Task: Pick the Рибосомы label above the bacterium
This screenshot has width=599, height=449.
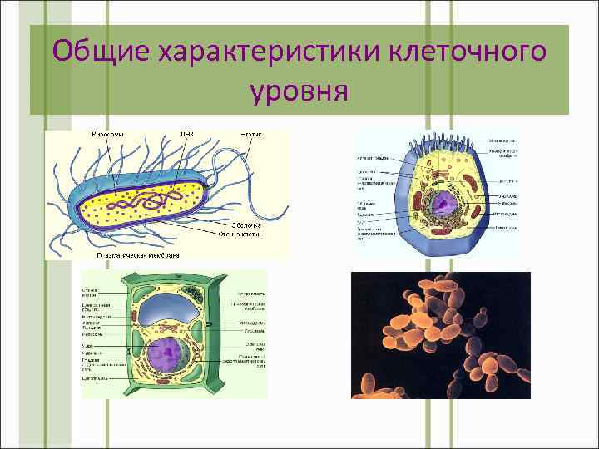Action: (x=107, y=133)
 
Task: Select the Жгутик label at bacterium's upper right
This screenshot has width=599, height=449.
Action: (x=252, y=133)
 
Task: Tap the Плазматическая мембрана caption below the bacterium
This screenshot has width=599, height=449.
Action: (x=133, y=257)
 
